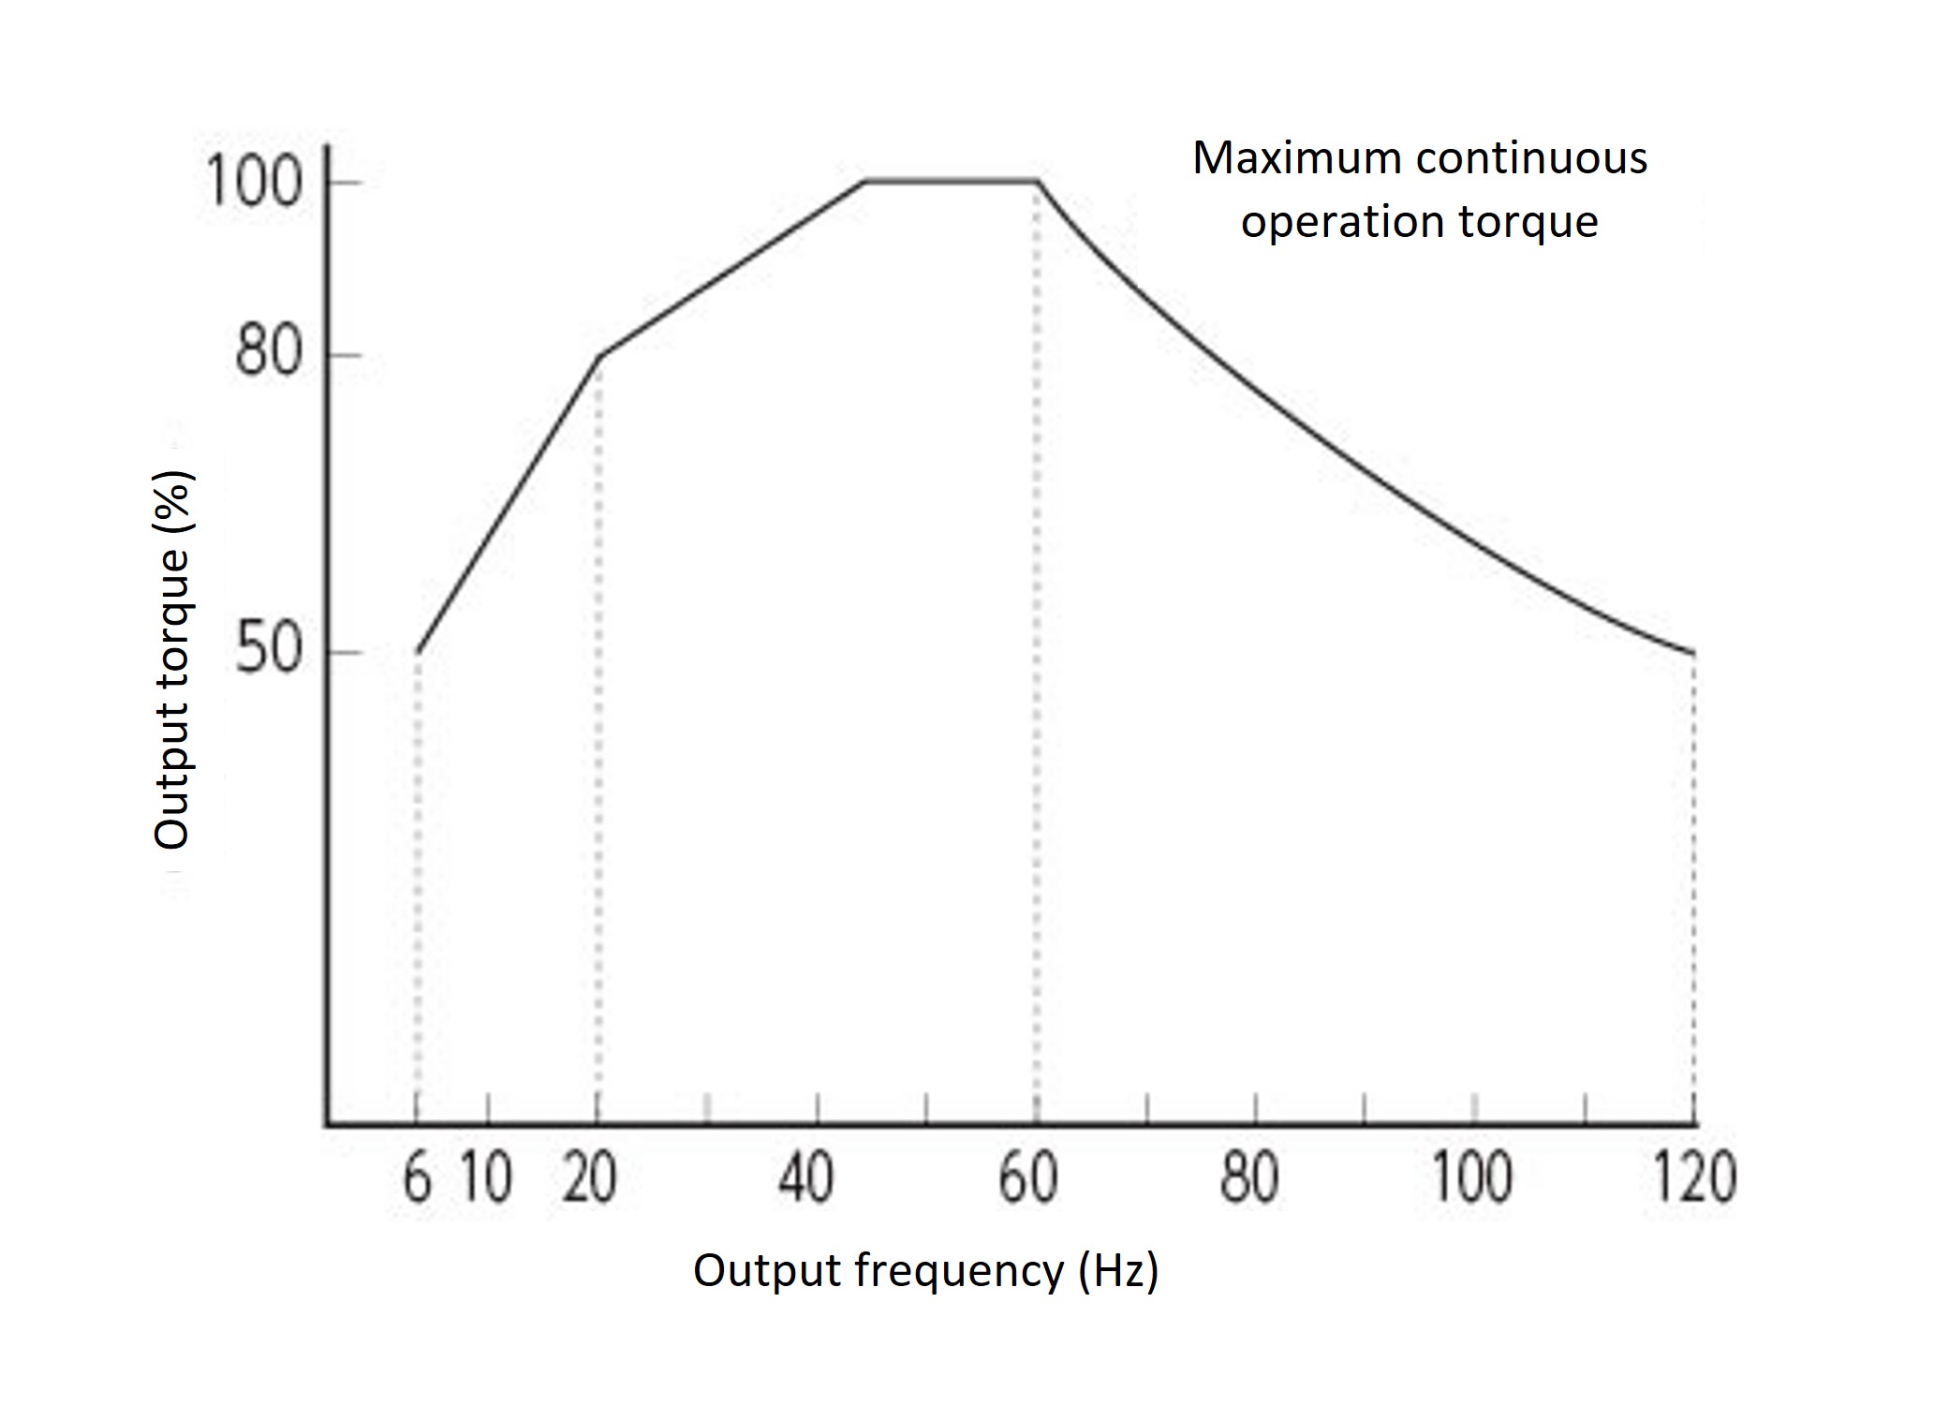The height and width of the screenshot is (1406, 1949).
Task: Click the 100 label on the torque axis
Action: point(254,182)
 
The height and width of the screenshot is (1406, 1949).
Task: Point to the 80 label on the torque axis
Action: point(268,353)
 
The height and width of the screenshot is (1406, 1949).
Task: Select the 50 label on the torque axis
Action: point(268,648)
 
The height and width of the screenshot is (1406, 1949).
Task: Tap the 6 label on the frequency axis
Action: point(417,1177)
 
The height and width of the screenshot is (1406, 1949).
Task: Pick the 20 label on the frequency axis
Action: point(589,1177)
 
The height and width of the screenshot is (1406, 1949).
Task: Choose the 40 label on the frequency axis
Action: point(805,1177)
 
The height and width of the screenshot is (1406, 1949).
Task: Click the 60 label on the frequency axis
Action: point(1027,1177)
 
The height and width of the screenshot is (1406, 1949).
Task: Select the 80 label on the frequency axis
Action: point(1248,1177)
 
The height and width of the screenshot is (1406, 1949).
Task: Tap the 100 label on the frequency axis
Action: point(1472,1177)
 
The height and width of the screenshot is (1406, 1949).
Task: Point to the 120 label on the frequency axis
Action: point(1694,1177)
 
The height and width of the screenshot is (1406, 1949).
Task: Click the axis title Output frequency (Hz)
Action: point(925,1271)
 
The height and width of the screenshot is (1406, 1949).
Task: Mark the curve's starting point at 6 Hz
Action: point(418,652)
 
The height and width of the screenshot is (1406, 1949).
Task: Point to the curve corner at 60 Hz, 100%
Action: point(1037,181)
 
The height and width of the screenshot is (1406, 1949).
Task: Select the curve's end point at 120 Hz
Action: point(1693,653)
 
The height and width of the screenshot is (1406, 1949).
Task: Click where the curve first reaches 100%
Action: point(864,181)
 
